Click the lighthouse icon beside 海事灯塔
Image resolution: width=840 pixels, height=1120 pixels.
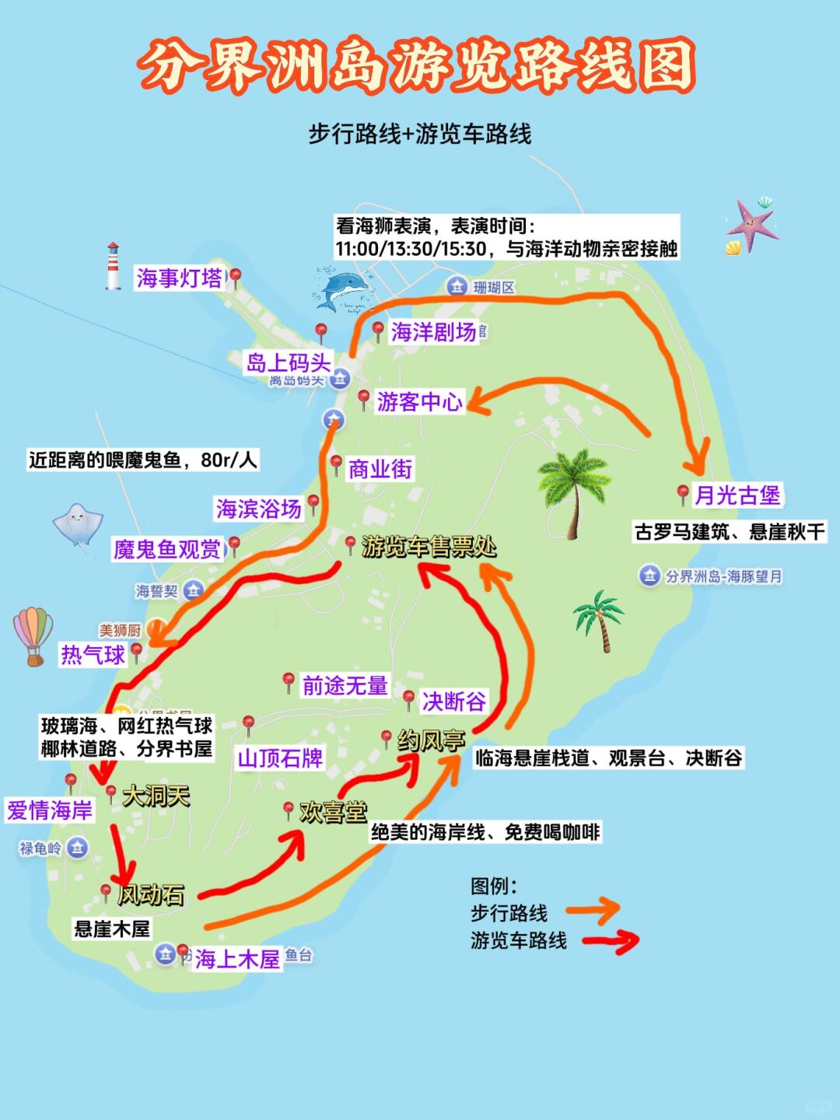pos(114,266)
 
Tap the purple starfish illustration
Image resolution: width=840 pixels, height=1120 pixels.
pos(752,225)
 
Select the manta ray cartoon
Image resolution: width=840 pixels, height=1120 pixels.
pos(78,524)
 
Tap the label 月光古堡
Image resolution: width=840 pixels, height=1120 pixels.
pos(737,495)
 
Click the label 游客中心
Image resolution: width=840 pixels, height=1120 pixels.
pos(419,401)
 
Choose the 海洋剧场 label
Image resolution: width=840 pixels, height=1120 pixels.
pos(433,332)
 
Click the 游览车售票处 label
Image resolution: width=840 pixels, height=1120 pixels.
pos(429,547)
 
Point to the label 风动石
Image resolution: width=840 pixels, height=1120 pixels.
pos(151,894)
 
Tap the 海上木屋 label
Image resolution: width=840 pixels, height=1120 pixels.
pos(237,958)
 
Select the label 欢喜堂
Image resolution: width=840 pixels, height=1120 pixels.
pos(333,813)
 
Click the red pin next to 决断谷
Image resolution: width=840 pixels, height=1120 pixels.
pos(409,698)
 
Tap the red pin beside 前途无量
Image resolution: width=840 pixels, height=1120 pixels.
pos(289,682)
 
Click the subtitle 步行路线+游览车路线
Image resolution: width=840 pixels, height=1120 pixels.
pos(420,134)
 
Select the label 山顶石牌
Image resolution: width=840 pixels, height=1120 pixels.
pos(280,758)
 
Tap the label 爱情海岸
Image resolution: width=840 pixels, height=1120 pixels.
pos(50,810)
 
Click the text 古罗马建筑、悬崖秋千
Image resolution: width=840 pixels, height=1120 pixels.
pos(729,532)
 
